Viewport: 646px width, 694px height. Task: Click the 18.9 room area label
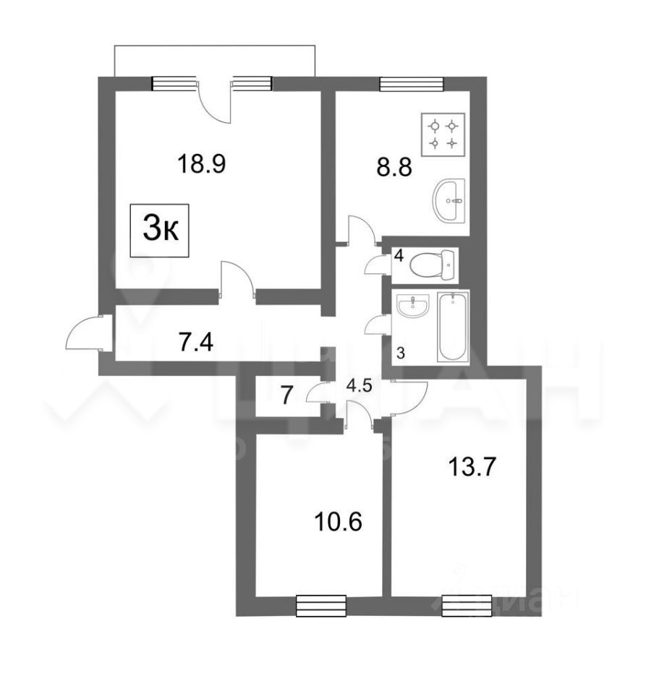[201, 164]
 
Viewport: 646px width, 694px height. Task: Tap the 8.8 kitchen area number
[394, 167]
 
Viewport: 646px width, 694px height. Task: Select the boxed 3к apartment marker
[159, 230]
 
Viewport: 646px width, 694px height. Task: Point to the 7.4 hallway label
[196, 342]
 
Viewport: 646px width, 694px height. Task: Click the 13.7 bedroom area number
[471, 467]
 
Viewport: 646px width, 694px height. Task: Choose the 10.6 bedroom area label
[339, 521]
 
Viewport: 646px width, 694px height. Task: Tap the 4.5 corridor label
[359, 386]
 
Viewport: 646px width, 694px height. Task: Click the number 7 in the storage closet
[286, 395]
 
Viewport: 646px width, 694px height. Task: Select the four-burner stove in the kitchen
[443, 134]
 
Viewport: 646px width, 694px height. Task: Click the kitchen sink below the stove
[449, 200]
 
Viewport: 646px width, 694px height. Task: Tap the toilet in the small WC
[432, 265]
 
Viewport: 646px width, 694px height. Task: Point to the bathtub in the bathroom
[453, 326]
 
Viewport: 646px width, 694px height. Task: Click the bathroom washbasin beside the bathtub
[412, 306]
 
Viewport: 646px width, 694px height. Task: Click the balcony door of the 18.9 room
[215, 103]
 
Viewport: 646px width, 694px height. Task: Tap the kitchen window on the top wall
[412, 84]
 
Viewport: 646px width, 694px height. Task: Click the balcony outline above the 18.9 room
[215, 45]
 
